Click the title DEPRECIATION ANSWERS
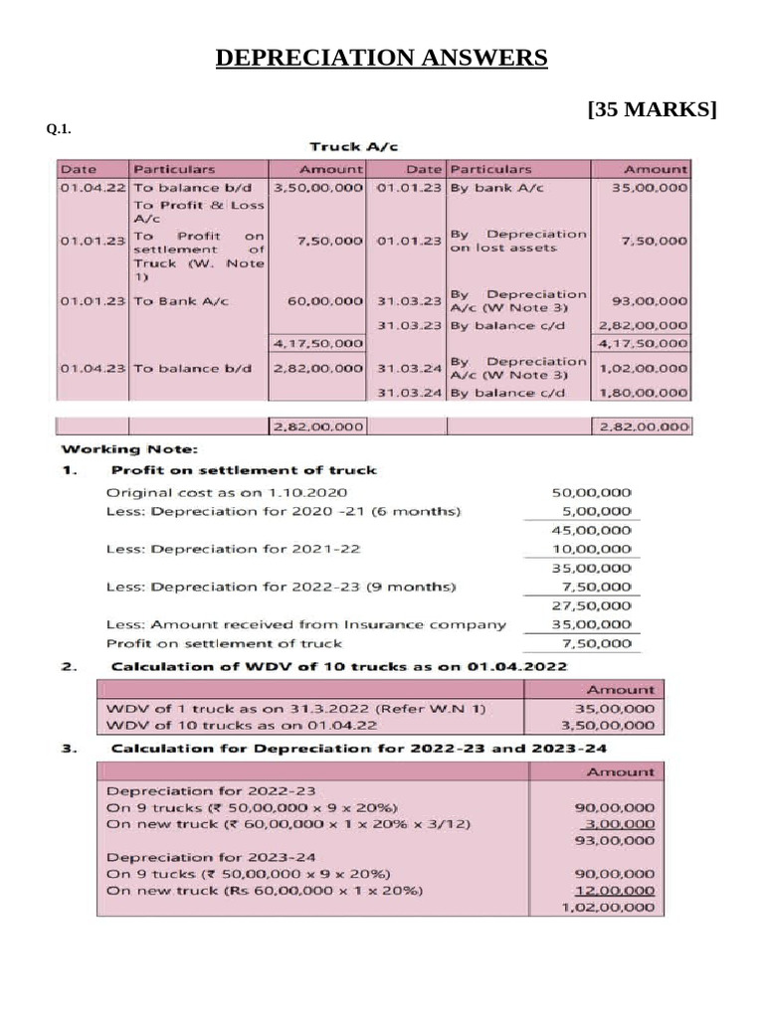click(x=382, y=59)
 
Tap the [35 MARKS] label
click(x=653, y=109)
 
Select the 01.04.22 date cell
click(x=93, y=187)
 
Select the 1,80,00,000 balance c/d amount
click(x=643, y=393)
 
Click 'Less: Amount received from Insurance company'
click(x=305, y=624)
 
